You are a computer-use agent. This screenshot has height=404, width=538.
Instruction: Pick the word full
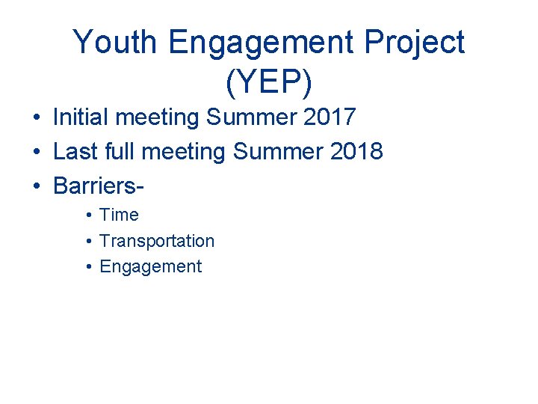[x=120, y=152]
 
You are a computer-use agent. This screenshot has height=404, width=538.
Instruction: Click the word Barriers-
[x=99, y=186]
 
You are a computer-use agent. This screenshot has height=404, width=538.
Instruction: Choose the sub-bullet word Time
[x=119, y=215]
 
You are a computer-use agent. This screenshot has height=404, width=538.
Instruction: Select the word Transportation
[x=157, y=241]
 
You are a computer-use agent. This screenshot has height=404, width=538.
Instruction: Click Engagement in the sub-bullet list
[x=150, y=266]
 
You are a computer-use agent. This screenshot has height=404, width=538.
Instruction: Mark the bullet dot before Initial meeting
[x=35, y=118]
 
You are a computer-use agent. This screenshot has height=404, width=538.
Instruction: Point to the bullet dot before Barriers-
[x=35, y=187]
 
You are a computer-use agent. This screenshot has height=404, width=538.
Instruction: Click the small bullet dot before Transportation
[x=88, y=242]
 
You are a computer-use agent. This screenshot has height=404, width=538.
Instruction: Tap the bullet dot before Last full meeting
[x=35, y=153]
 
